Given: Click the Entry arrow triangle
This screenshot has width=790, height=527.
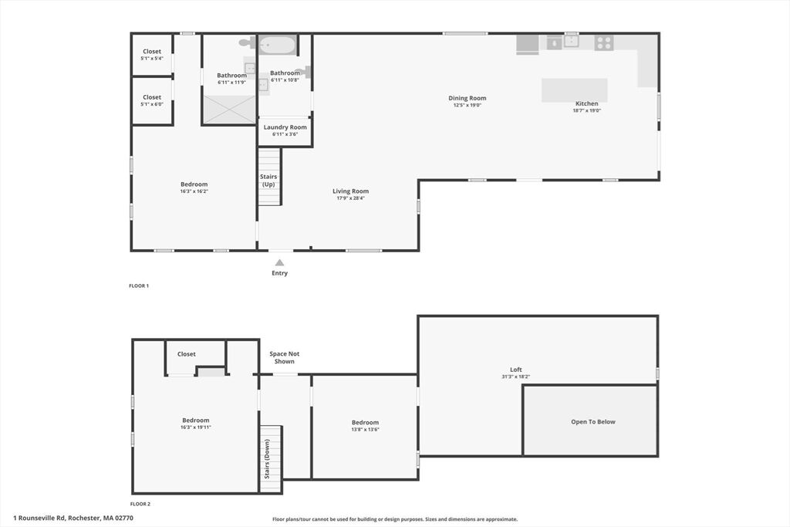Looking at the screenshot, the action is point(279,262).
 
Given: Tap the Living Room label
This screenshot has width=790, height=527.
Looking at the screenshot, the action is point(351,191).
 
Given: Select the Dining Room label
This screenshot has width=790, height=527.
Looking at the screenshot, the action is point(467,98).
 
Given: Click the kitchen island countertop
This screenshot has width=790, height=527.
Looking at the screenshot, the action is point(574,90).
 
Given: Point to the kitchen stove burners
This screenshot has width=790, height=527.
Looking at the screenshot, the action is point(603,42).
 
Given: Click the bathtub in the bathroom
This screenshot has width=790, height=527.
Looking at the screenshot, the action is point(277,46).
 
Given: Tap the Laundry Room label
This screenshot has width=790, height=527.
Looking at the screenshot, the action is point(285,127).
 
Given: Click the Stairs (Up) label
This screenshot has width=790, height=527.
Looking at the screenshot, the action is point(268,181).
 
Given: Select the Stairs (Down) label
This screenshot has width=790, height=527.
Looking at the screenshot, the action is point(267,459).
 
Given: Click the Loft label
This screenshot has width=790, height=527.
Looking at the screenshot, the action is point(516,370).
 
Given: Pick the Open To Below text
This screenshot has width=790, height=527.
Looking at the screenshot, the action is point(593,422).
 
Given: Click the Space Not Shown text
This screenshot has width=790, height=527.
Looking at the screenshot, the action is point(284,358).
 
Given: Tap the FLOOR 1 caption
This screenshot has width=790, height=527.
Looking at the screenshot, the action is point(139,285).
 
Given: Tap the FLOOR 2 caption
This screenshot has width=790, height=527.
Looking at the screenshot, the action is point(140,504).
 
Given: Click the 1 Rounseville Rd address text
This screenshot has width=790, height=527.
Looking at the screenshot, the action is point(73,518).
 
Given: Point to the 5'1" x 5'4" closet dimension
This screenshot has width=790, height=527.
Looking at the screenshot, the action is point(152,59).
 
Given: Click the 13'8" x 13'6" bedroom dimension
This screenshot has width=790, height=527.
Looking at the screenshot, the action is point(365,430).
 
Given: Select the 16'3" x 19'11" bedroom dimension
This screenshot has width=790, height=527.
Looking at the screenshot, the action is point(195,427).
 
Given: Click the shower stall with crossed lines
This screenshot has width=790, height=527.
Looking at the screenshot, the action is point(229,109).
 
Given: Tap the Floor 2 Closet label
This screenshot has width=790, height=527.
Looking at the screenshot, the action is point(187,354).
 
